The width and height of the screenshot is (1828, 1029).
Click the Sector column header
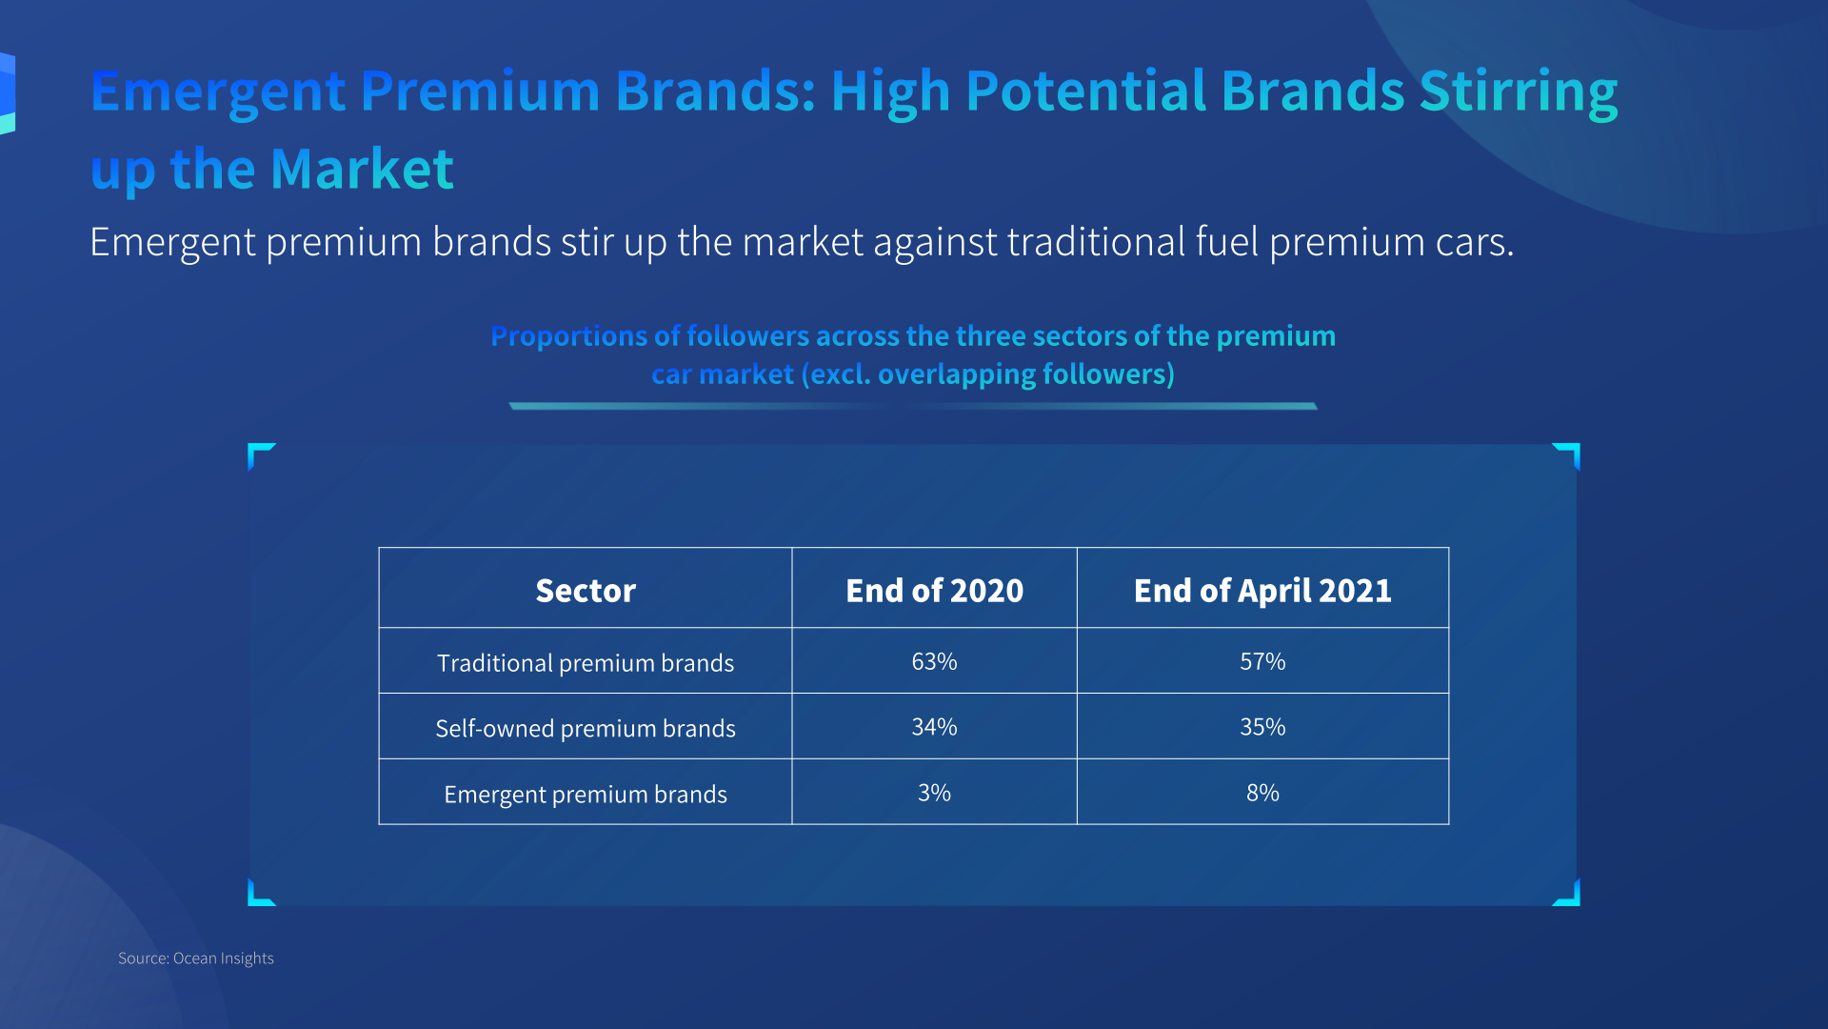586,591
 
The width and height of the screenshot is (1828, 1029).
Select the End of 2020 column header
934,591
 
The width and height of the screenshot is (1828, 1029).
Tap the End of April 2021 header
1262,591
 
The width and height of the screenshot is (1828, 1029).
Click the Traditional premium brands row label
586,663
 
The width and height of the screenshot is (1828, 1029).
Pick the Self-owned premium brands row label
586,729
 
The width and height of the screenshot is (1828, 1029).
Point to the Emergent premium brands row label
586,795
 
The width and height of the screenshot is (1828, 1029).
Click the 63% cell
934,661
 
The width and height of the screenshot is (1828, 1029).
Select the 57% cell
1262,661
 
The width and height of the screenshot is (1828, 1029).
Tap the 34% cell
934,727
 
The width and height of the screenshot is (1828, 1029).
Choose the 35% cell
1262,727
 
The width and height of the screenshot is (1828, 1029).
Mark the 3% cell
934,793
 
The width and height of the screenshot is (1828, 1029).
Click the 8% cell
1262,793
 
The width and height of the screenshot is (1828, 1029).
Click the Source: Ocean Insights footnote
196,958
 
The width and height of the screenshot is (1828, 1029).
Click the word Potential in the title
1085,91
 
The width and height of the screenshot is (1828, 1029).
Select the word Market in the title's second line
362,170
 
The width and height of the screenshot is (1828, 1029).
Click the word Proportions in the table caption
569,337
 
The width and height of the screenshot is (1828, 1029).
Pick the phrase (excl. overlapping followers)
988,374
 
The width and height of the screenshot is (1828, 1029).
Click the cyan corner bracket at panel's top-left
257,452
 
